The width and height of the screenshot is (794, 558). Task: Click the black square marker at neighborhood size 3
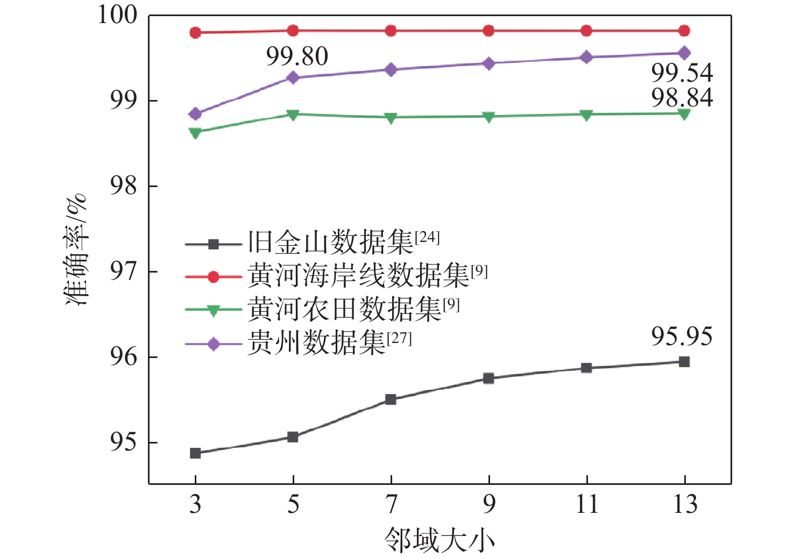tap(195, 453)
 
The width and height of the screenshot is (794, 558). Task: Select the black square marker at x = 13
tap(684, 362)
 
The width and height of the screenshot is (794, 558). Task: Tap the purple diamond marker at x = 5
tap(293, 77)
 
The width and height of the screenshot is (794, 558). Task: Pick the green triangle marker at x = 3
tap(195, 132)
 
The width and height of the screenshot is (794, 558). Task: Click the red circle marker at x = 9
tap(488, 31)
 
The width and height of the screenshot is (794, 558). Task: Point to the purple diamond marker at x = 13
tap(684, 53)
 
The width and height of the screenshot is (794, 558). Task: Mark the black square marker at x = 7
tap(391, 399)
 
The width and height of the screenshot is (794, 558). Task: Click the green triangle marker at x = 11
tap(586, 115)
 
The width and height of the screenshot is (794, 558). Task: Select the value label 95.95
tap(682, 337)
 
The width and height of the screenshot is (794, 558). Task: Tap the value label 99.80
tap(297, 57)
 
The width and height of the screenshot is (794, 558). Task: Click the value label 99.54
tap(682, 73)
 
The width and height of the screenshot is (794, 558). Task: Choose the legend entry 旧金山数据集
tap(330, 243)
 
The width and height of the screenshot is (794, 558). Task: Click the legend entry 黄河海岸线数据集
tap(358, 276)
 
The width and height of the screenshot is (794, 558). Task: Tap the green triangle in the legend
tap(213, 310)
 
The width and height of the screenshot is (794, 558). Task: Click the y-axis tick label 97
tap(124, 272)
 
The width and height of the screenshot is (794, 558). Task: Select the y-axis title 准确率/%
tap(76, 251)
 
